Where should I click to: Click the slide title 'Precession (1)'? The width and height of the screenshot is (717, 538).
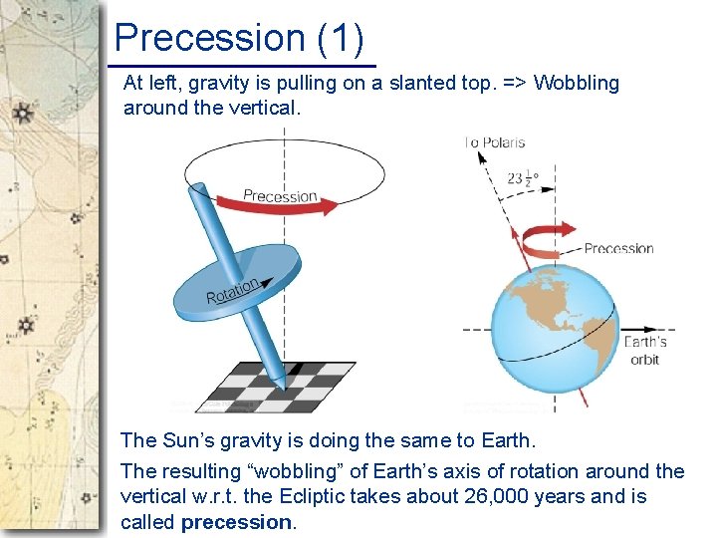pos(239,38)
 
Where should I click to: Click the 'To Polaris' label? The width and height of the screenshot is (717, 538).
pos(495,142)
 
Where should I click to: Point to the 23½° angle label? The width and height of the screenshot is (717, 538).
pos(523,180)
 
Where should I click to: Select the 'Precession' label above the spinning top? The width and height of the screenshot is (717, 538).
pos(280,195)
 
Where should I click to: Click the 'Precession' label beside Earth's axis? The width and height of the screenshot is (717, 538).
pos(617,248)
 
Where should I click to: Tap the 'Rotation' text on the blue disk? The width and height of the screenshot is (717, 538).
pos(233,291)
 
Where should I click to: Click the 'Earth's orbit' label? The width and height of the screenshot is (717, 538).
pos(644,351)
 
